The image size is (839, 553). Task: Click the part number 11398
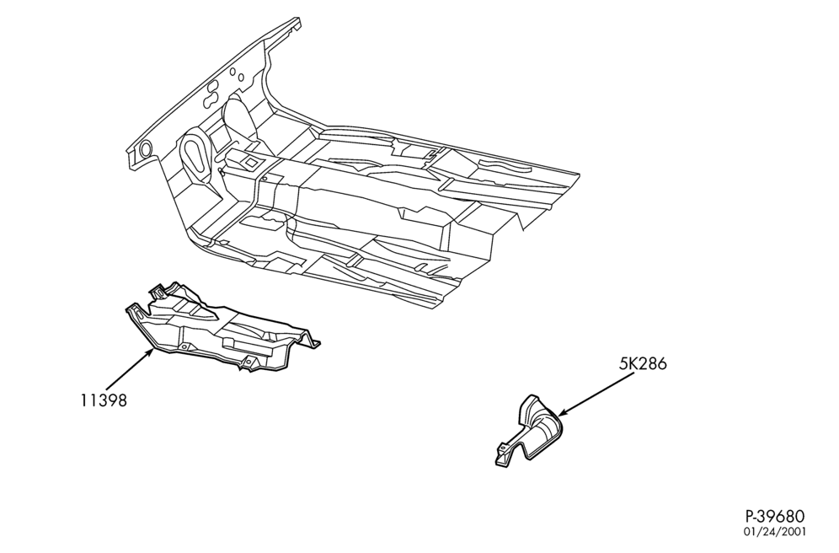[x=104, y=400]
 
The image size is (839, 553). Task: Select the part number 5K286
[x=644, y=364]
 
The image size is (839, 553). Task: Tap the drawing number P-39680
[x=775, y=517]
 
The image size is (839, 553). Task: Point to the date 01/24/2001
[x=775, y=532]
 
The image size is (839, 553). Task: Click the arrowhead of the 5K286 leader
[x=563, y=411]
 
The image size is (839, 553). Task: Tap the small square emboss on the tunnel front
[x=250, y=161]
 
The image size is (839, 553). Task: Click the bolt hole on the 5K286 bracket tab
[x=502, y=448]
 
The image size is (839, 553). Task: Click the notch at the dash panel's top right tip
[x=295, y=25]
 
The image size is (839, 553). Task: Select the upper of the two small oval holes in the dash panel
[x=232, y=71]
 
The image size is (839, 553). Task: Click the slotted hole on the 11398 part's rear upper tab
[x=158, y=293]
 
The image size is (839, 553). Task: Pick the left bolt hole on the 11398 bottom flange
[x=184, y=347]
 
